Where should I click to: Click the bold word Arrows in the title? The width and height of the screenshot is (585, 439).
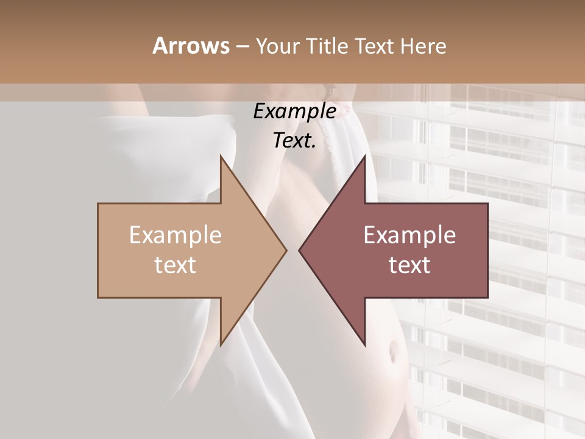191,46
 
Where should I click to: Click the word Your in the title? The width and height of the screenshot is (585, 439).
278,46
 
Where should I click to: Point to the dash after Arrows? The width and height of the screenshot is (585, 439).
242,46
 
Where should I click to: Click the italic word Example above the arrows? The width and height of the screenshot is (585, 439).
294,112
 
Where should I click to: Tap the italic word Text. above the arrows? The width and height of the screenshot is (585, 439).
294,140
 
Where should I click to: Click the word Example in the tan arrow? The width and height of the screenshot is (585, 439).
175,235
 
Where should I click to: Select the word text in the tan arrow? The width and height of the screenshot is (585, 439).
175,265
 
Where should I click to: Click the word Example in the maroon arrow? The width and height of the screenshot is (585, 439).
409,235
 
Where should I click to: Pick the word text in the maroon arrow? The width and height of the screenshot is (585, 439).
409,265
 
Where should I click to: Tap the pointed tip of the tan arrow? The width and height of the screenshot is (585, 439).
285,250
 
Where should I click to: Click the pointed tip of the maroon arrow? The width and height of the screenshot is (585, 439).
300,250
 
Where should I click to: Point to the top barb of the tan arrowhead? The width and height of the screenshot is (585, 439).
221,157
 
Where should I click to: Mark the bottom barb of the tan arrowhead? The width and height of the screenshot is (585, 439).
221,343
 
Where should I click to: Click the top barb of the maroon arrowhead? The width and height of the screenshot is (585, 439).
364,157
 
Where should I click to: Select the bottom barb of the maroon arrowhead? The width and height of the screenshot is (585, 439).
364,343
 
